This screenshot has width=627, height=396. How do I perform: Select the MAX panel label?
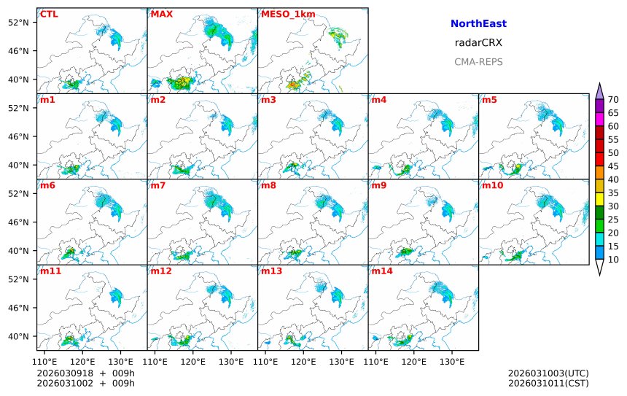161,14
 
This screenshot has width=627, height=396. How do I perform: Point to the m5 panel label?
489,100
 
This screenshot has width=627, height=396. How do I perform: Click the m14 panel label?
381,271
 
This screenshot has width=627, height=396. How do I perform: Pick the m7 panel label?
157,185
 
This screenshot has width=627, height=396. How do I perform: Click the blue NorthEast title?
478,24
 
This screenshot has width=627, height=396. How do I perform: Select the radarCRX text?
478,43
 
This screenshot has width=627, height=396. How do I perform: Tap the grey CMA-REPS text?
478,62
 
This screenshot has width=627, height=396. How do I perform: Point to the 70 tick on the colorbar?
613,100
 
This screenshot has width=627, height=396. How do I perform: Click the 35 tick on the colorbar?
613,193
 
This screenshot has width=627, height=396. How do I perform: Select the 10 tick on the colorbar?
613,260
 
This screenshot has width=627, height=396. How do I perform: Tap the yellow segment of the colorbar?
599,199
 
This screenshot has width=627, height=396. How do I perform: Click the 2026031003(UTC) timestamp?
548,373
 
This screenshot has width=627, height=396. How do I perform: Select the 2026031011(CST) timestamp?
548,383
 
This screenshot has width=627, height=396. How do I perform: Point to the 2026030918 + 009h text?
85,373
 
